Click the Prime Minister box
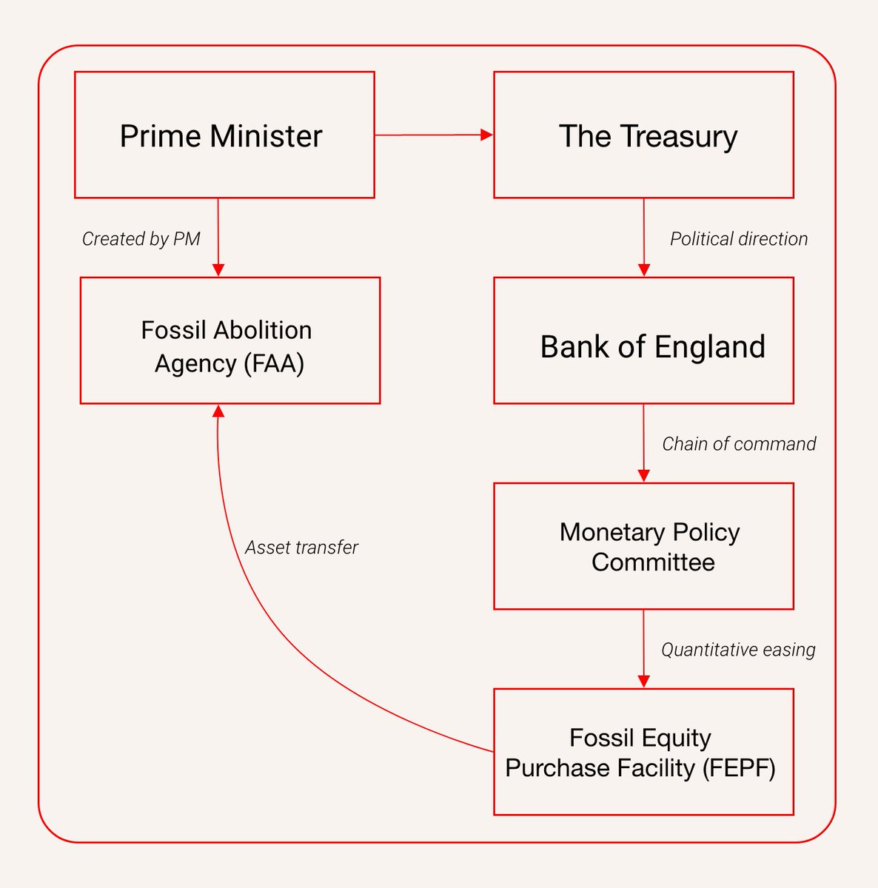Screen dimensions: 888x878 point(224,135)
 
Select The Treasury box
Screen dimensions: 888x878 point(643,135)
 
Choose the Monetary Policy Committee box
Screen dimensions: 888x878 point(643,546)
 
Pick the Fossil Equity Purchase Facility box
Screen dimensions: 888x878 point(643,752)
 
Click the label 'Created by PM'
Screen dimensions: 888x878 point(141,239)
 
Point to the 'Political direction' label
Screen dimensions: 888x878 point(738,239)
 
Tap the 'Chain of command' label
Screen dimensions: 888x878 point(738,444)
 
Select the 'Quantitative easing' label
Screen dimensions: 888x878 point(737,650)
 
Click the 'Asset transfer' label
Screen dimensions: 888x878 point(301,548)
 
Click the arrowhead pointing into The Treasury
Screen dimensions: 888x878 point(486,135)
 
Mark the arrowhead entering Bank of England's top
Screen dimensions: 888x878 point(643,270)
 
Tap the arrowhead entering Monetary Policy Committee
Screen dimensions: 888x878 point(643,476)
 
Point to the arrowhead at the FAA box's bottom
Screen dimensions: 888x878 point(218,411)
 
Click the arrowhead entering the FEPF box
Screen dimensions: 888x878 point(643,682)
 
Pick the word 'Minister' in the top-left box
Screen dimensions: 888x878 point(266,136)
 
